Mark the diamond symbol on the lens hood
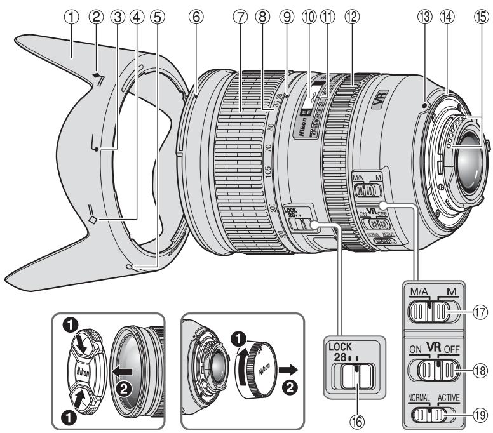click(93, 220)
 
